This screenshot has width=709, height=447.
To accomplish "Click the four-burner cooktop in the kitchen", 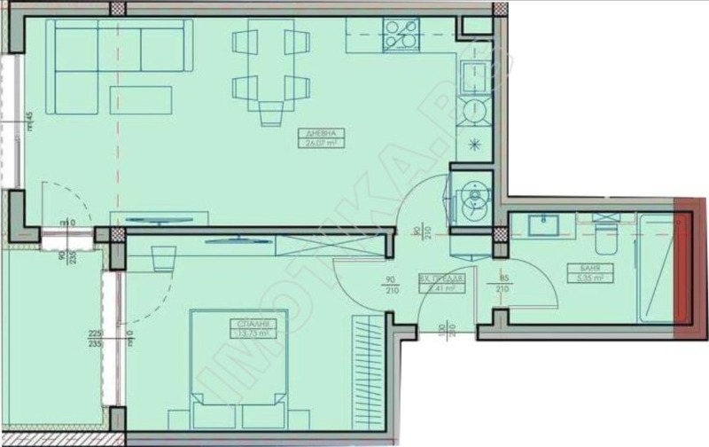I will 401,35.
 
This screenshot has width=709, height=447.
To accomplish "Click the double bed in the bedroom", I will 237,364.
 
